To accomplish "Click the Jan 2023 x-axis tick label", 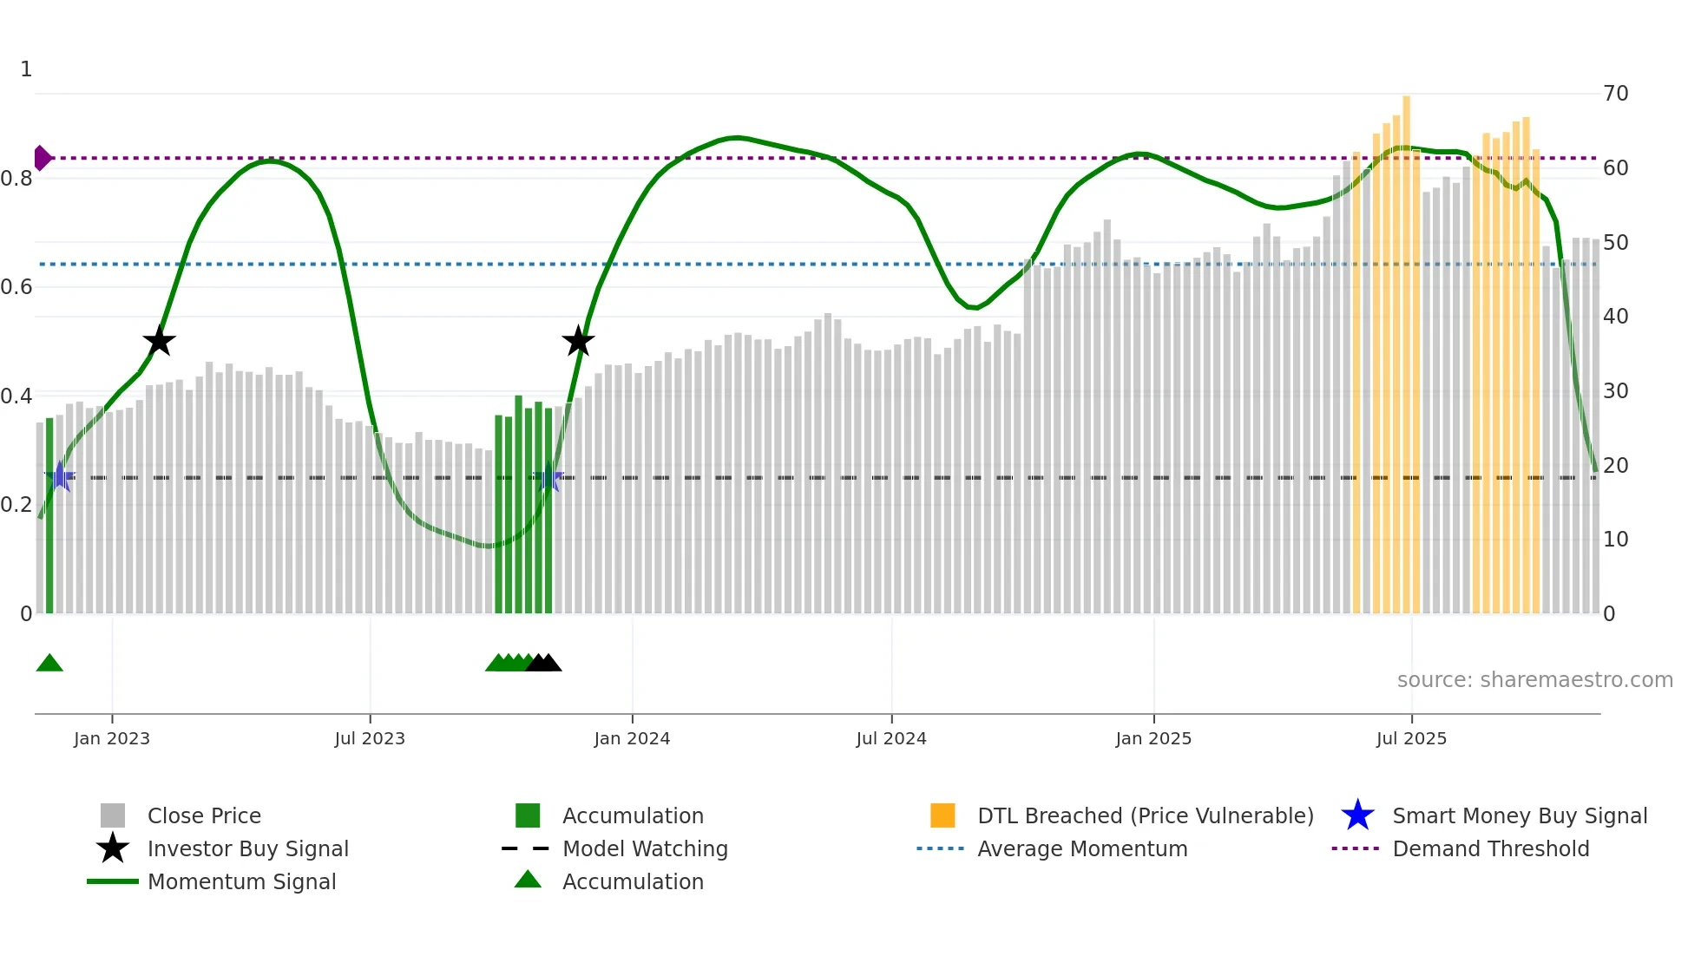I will coord(111,738).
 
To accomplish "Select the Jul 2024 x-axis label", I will coord(890,738).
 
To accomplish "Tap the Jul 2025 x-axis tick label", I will coord(1411,738).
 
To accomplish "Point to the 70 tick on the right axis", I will coord(1615,94).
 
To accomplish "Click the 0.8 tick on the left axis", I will coord(17,179).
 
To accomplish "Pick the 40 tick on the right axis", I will coord(1615,317).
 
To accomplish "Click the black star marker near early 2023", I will coord(159,341).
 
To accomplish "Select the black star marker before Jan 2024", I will coord(578,341).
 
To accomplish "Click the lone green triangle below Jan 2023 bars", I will coord(49,664).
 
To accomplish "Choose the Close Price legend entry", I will coord(204,815).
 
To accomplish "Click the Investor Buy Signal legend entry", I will coord(247,848).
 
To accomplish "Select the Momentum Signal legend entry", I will coord(241,881).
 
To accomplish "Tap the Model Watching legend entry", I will coord(645,848).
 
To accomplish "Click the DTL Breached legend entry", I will coord(1145,815).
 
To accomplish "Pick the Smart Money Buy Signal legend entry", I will coord(1519,815).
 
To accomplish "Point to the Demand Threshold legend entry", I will coord(1490,848).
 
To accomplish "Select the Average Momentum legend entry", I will coord(1081,848).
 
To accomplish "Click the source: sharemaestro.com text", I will coord(1534,680).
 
